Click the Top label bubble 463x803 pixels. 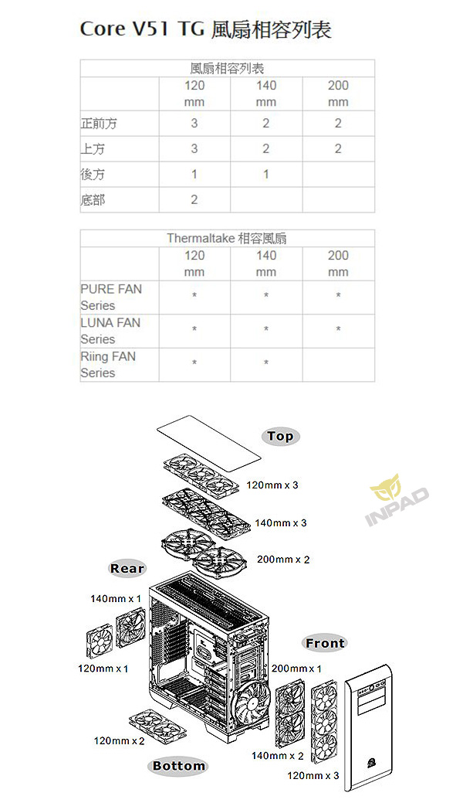point(280,437)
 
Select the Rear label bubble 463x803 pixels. point(127,569)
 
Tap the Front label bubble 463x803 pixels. point(325,643)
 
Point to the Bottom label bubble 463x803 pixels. point(178,766)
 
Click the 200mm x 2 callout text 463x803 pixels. point(283,560)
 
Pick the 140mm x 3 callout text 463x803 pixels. point(281,523)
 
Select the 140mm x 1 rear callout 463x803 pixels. point(116,599)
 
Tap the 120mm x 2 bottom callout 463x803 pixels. point(119,740)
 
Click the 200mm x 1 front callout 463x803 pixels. point(297,669)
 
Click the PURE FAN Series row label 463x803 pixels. point(111,297)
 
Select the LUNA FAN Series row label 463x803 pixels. point(110,331)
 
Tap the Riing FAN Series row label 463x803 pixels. point(108,365)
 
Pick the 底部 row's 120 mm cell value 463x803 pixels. point(194,199)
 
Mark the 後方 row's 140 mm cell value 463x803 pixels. point(266,174)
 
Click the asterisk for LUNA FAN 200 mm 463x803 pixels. point(338,329)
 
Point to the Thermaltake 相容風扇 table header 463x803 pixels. point(227,238)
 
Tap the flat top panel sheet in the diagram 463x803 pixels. point(208,444)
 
